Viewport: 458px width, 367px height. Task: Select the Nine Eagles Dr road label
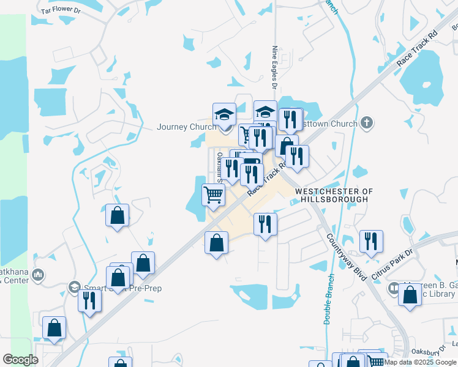(x=275, y=67)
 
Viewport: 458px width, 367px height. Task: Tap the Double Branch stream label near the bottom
(x=328, y=306)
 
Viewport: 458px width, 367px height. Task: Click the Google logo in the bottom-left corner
(x=20, y=360)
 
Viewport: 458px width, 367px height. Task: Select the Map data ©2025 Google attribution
(x=420, y=362)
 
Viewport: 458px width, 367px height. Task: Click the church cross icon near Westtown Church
(x=367, y=122)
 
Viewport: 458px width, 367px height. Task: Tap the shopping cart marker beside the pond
(x=213, y=195)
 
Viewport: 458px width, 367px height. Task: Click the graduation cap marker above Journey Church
(x=224, y=114)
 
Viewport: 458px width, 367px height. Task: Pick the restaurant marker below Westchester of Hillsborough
(x=265, y=223)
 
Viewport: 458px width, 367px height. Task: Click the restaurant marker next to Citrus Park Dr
(x=371, y=241)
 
